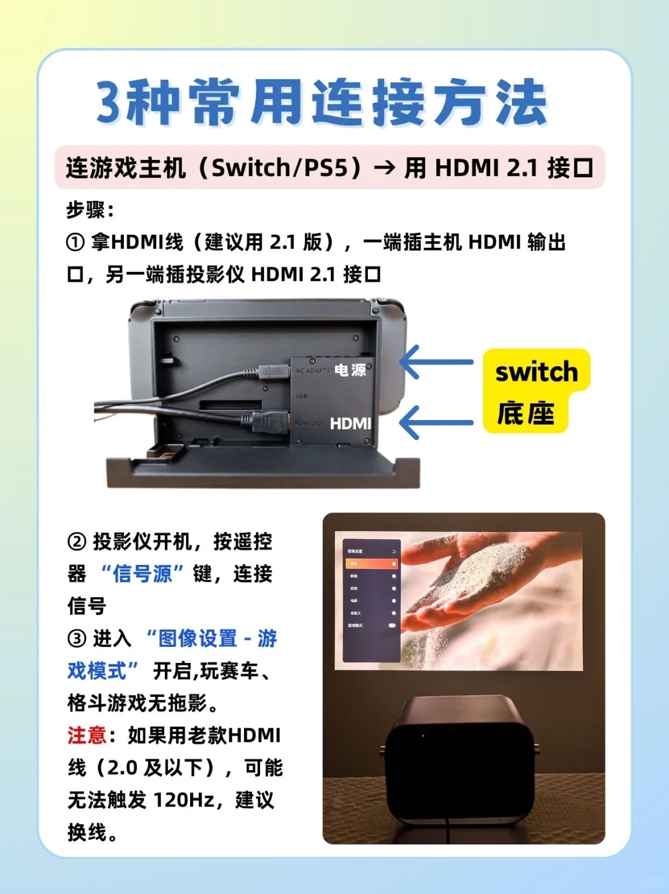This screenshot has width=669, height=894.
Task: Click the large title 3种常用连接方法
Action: click(x=322, y=102)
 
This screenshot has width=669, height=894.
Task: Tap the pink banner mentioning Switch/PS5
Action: click(x=330, y=167)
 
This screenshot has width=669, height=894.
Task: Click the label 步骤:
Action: click(x=90, y=210)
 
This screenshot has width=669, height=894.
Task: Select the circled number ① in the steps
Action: click(x=75, y=242)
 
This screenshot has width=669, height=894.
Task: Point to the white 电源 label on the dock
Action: click(x=351, y=370)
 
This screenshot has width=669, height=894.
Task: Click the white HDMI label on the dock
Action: click(x=351, y=423)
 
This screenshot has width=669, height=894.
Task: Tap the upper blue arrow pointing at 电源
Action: click(x=437, y=362)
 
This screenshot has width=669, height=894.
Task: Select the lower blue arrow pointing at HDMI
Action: click(x=437, y=423)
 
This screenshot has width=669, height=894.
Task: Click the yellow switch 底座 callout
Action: click(x=536, y=391)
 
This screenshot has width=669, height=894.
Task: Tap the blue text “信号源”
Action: click(x=142, y=574)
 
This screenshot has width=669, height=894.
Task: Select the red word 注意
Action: click(x=87, y=735)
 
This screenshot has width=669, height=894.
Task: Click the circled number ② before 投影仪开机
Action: click(x=76, y=542)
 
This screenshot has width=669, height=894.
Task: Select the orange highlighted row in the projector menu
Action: click(x=372, y=564)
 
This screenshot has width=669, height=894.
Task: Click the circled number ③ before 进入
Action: click(x=76, y=638)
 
